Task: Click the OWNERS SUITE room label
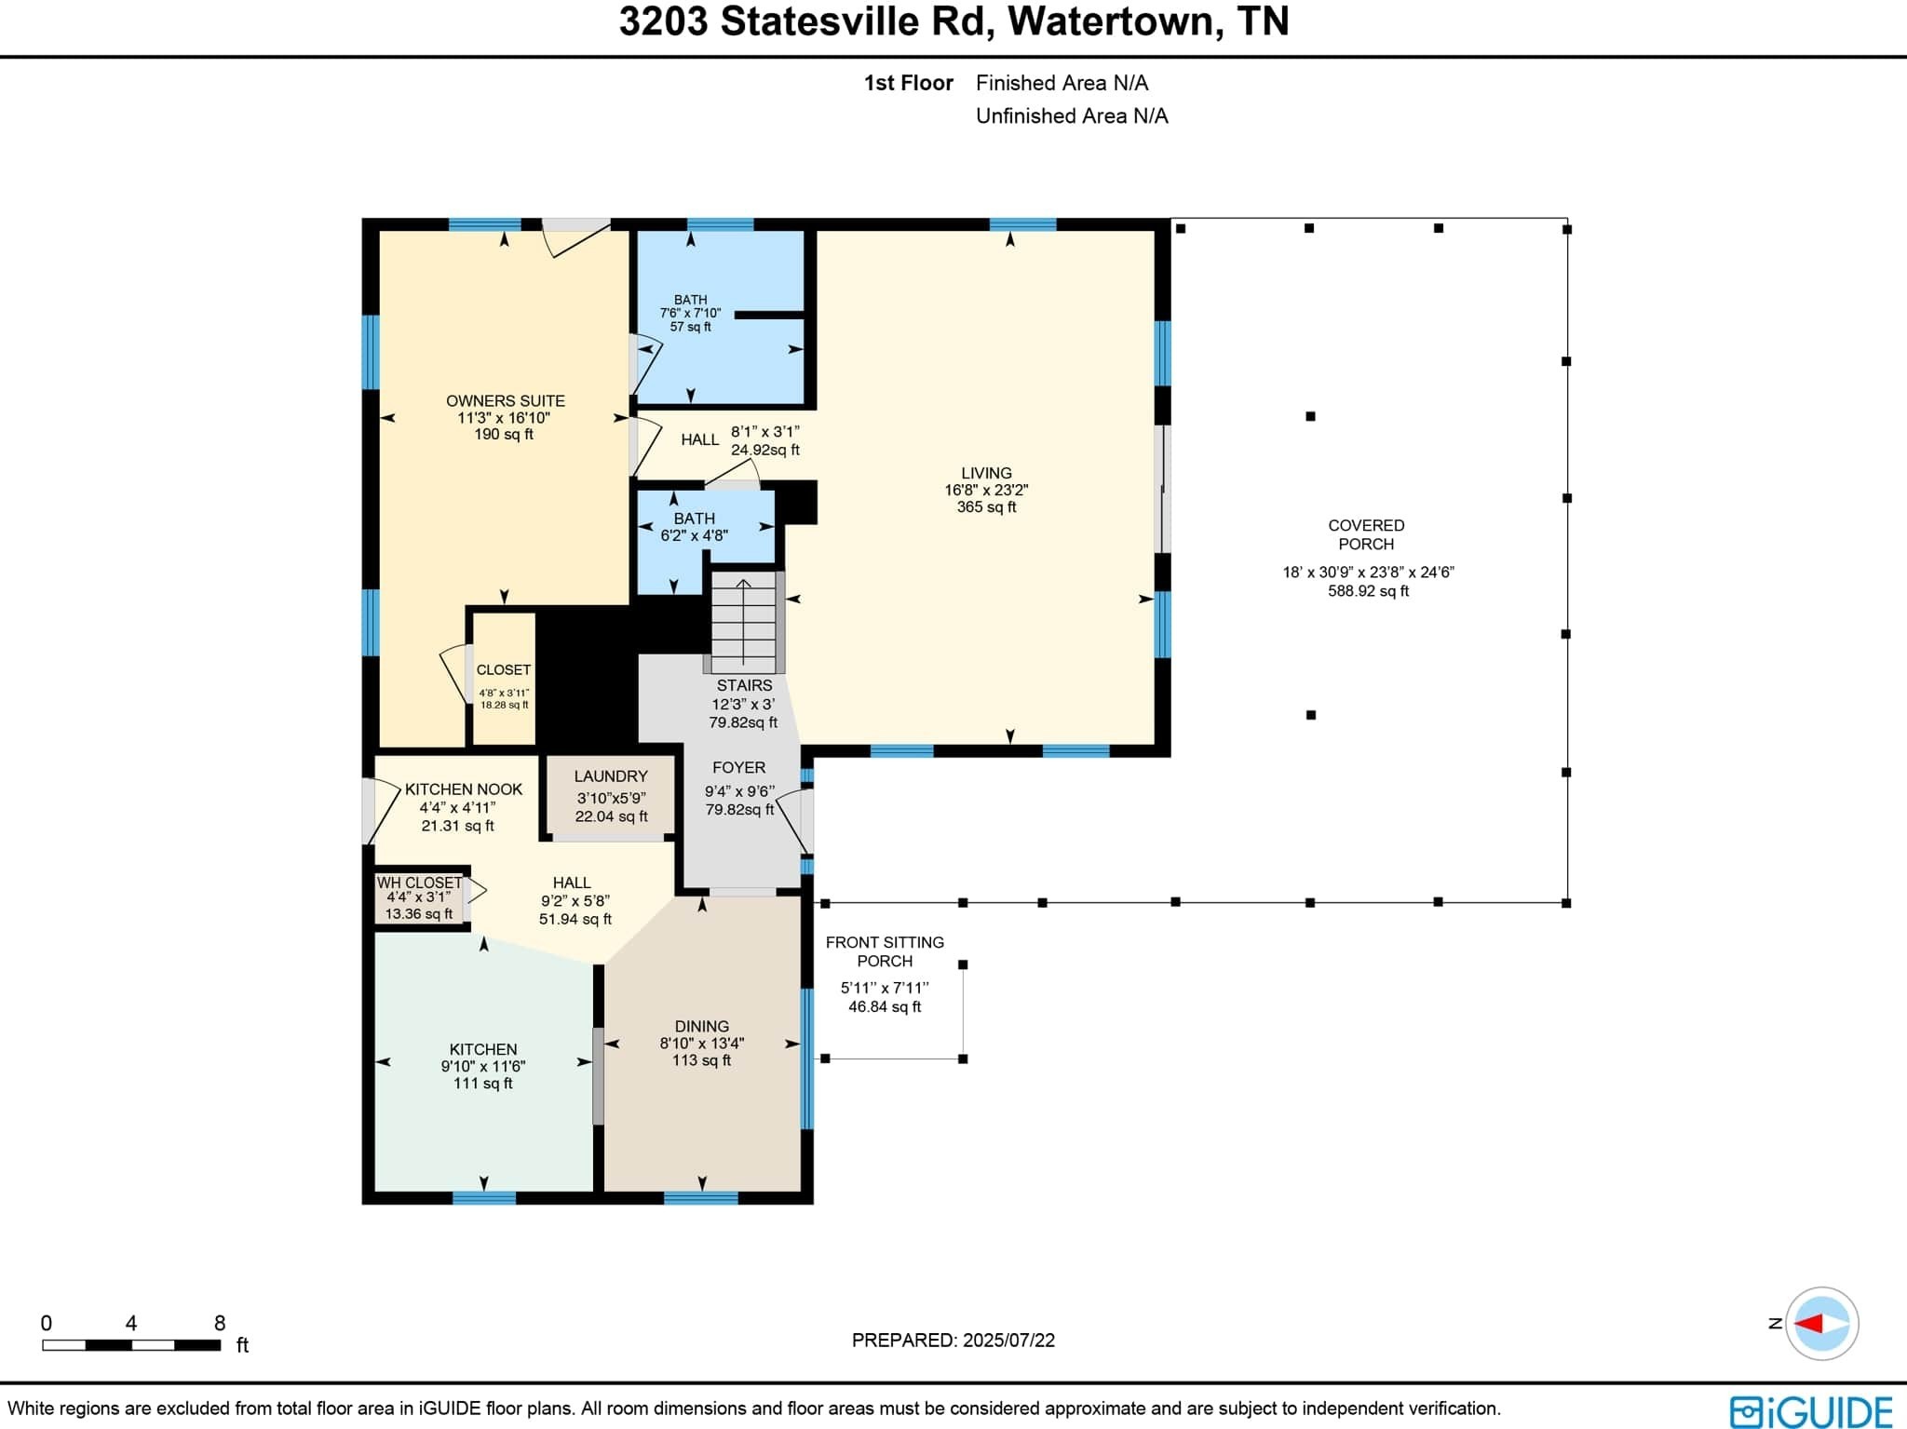[505, 400]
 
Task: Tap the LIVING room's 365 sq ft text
[986, 507]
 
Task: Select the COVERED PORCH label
[1366, 534]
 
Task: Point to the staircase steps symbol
[744, 621]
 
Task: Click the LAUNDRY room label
[611, 776]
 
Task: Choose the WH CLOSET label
[419, 883]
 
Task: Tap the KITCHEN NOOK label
[464, 789]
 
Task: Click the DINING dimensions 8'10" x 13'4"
[702, 1044]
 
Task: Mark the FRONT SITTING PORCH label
[885, 951]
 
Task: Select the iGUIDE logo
[1811, 1410]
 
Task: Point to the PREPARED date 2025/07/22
[1008, 1341]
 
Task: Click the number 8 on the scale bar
[220, 1323]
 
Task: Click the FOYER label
[738, 768]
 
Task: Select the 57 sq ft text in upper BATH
[690, 327]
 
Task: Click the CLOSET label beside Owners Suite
[504, 670]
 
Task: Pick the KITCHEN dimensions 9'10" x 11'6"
[483, 1067]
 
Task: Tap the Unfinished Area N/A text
[1072, 116]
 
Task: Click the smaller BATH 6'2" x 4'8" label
[695, 527]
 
